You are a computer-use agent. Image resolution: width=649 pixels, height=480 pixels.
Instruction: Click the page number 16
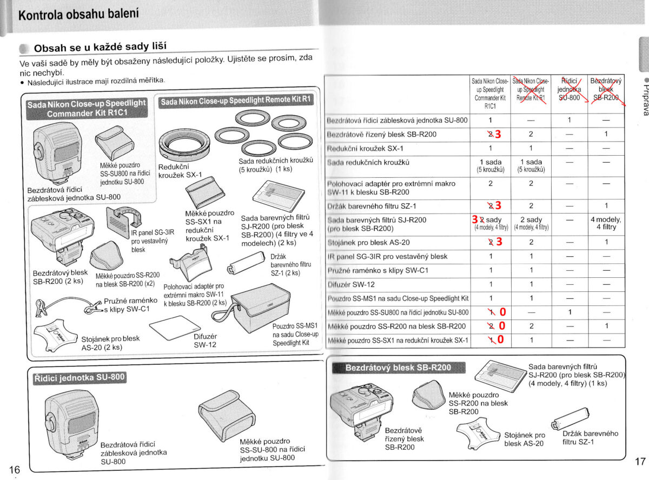point(14,468)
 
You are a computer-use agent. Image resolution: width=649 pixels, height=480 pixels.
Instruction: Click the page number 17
point(640,462)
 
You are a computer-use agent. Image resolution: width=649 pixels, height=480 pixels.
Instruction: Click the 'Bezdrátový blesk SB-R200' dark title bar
point(398,368)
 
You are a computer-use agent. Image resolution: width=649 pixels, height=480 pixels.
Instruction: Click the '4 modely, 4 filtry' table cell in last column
point(606,223)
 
